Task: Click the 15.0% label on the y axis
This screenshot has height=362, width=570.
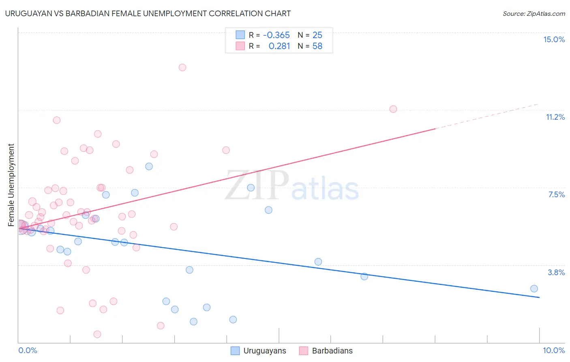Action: [554, 39]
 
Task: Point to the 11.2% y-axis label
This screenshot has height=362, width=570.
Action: [555, 117]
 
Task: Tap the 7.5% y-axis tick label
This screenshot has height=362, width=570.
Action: [556, 194]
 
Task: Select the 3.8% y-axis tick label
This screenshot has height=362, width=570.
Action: [556, 272]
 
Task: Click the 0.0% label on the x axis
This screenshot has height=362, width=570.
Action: [28, 350]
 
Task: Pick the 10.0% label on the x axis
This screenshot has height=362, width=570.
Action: [554, 350]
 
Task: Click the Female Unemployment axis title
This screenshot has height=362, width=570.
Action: [11, 185]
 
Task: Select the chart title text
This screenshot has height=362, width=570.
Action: [148, 13]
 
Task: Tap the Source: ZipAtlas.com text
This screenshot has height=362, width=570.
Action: [534, 14]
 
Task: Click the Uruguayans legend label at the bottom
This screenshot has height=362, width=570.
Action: [265, 351]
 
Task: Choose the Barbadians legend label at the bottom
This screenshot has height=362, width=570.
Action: [332, 351]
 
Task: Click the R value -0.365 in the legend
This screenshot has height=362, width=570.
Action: [276, 35]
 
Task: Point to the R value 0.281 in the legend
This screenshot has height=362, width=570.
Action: [279, 46]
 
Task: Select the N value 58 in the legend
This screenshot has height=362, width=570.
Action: [317, 46]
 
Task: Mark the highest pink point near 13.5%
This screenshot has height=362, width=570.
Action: [182, 67]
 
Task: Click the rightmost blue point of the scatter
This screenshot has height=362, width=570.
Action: [534, 289]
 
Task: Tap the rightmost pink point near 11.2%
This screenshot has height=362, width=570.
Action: [393, 109]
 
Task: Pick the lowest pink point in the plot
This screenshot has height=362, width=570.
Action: [97, 334]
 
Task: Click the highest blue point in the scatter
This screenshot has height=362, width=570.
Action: [149, 166]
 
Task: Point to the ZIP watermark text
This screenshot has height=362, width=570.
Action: [257, 186]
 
